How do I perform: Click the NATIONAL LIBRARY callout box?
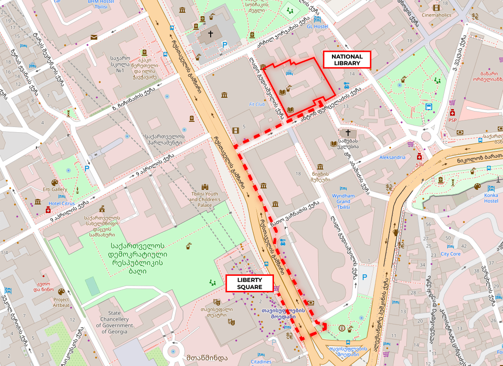click(x=347, y=60)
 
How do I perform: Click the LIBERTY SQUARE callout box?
click(x=249, y=283)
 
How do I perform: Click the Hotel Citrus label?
click(x=61, y=204)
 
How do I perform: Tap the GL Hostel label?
click(x=317, y=26)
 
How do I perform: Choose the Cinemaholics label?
click(x=436, y=15)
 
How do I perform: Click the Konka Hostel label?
click(x=491, y=198)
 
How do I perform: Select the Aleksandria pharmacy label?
click(x=392, y=157)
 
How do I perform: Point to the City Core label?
click(x=450, y=254)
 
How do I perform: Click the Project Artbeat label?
click(x=61, y=302)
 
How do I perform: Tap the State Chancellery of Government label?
click(x=114, y=322)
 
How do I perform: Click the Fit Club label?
click(x=257, y=104)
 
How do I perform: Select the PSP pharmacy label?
click(x=452, y=120)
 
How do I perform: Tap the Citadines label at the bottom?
click(x=261, y=362)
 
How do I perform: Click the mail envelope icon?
click(x=94, y=37)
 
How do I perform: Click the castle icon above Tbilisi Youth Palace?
click(x=205, y=187)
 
